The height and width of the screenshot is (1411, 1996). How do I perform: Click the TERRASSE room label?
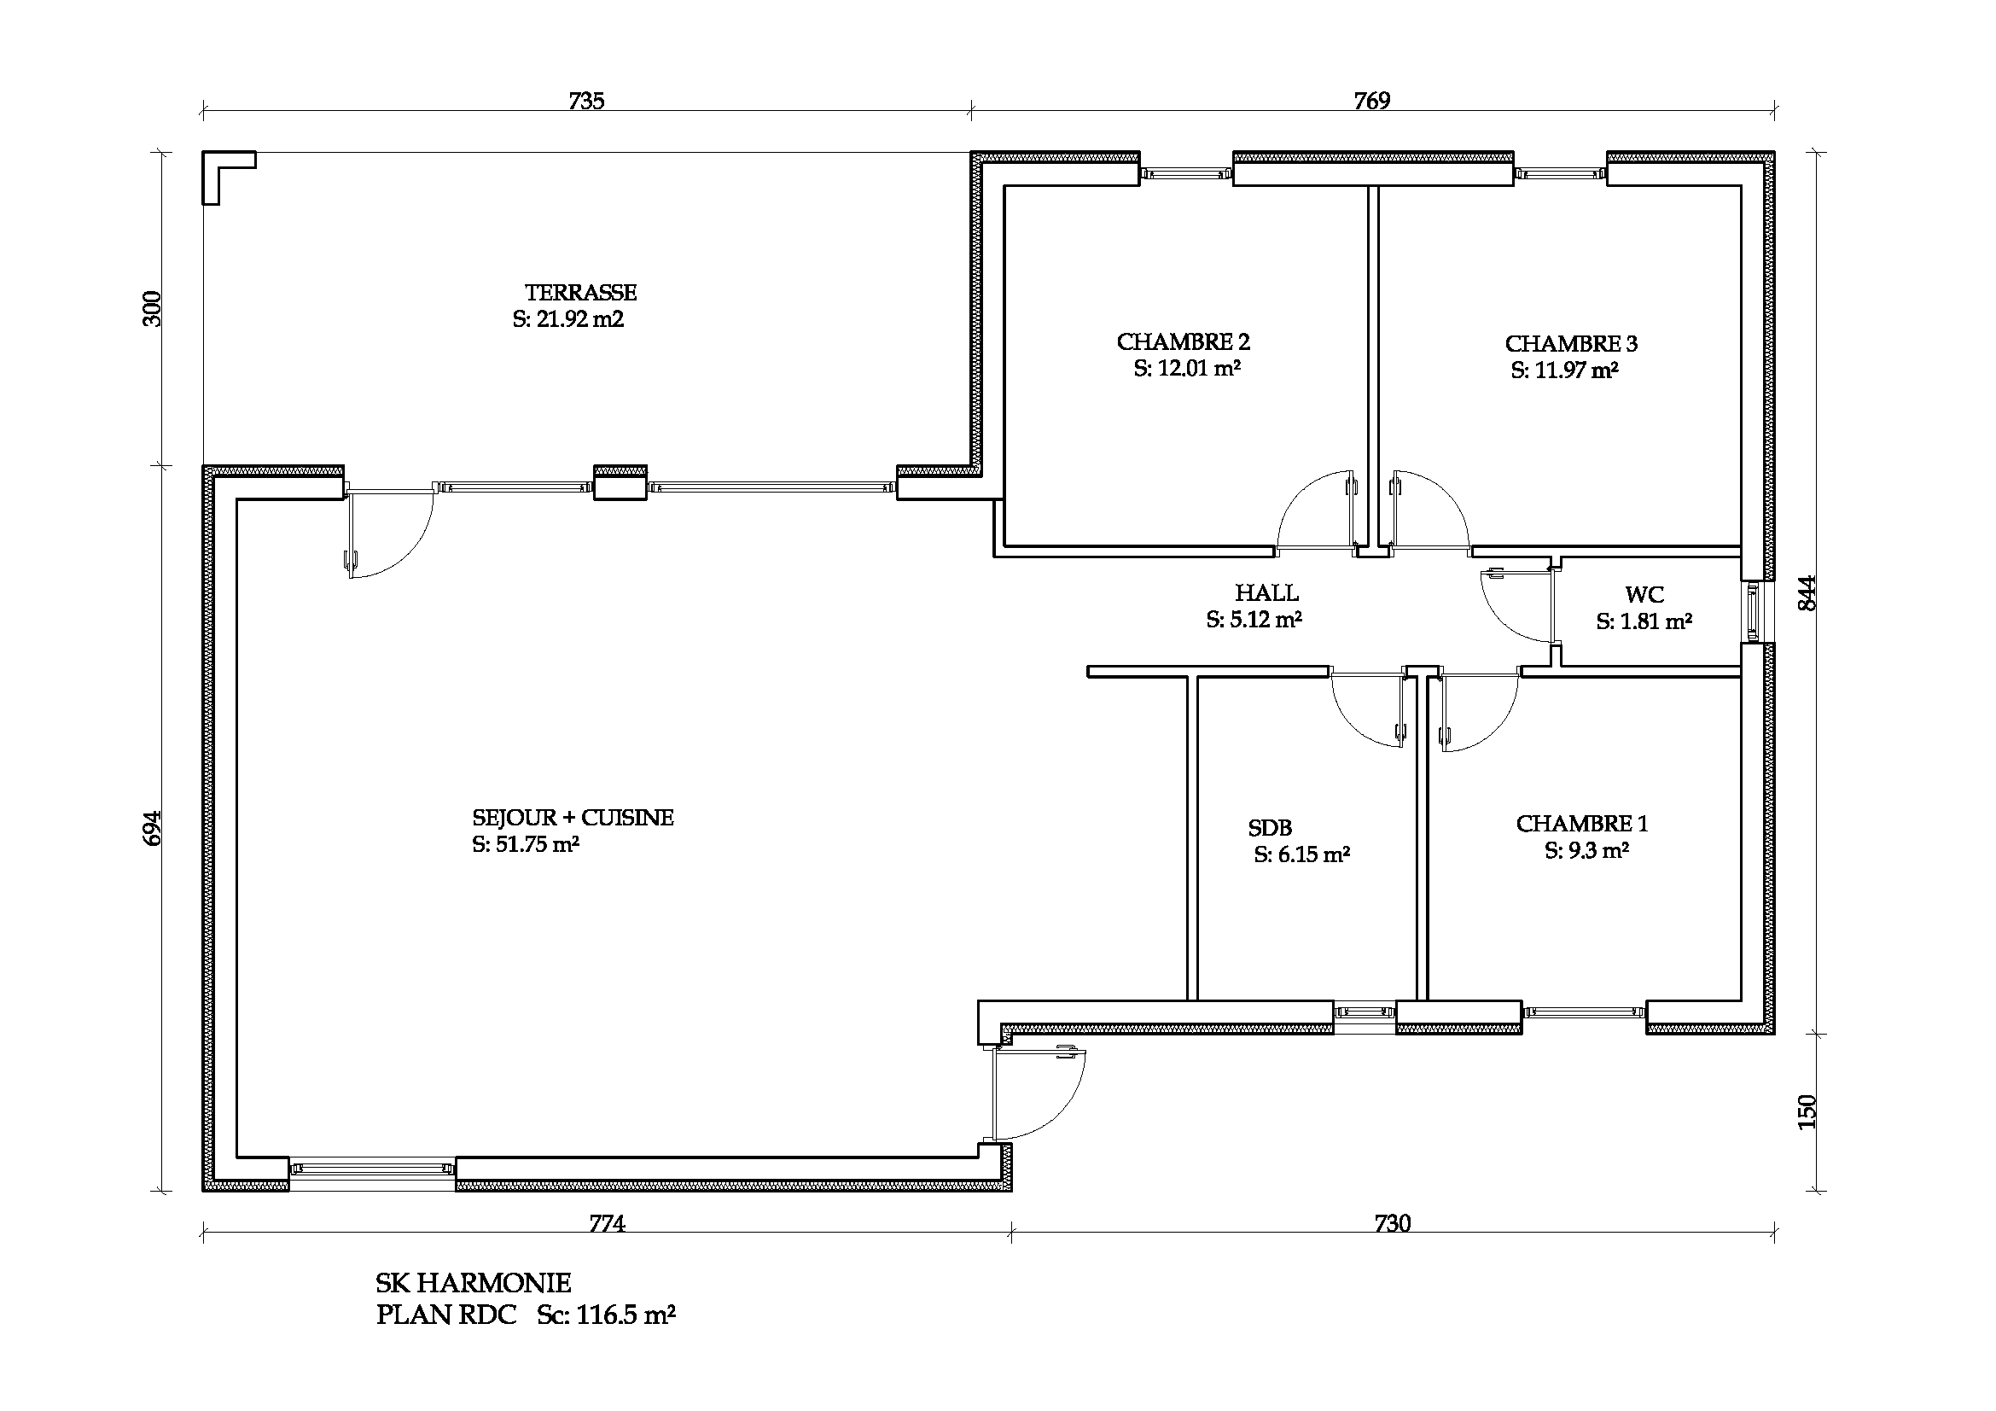pyautogui.click(x=581, y=293)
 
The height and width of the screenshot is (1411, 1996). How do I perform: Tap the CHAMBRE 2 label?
pyautogui.click(x=1183, y=342)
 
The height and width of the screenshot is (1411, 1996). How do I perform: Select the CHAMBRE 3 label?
pyautogui.click(x=1571, y=344)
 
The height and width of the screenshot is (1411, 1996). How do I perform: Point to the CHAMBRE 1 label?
pyautogui.click(x=1582, y=825)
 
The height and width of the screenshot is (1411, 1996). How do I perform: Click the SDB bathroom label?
pyautogui.click(x=1270, y=829)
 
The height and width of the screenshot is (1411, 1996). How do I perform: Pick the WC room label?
pyautogui.click(x=1644, y=596)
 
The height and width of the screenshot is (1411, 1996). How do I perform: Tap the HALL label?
pyautogui.click(x=1266, y=594)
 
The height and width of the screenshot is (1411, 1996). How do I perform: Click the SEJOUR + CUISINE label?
pyautogui.click(x=573, y=818)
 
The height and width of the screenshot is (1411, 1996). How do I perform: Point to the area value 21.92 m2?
pyautogui.click(x=579, y=319)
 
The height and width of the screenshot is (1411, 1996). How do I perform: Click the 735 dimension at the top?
pyautogui.click(x=587, y=101)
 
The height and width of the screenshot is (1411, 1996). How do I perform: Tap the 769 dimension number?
pyautogui.click(x=1372, y=101)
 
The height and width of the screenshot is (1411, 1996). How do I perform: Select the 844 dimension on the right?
pyautogui.click(x=1807, y=593)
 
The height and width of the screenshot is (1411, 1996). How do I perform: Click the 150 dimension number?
pyautogui.click(x=1807, y=1112)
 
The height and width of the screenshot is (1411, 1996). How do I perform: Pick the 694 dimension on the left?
pyautogui.click(x=151, y=830)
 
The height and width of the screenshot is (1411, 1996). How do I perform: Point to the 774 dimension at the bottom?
pyautogui.click(x=607, y=1224)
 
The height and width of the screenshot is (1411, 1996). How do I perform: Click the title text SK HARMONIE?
pyautogui.click(x=474, y=1283)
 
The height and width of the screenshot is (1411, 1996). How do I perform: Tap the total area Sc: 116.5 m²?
pyautogui.click(x=606, y=1315)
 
